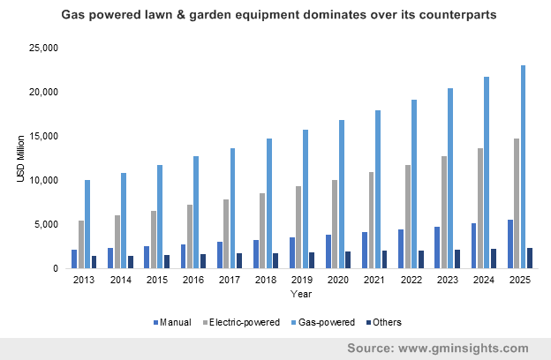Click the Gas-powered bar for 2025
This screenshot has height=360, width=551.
pos(524,167)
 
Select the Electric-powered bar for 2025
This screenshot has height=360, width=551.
pos(517,203)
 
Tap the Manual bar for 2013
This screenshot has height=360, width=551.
pos(74,259)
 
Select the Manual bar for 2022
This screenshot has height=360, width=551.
pos(401,249)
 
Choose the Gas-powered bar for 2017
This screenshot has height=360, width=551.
pos(232,208)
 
